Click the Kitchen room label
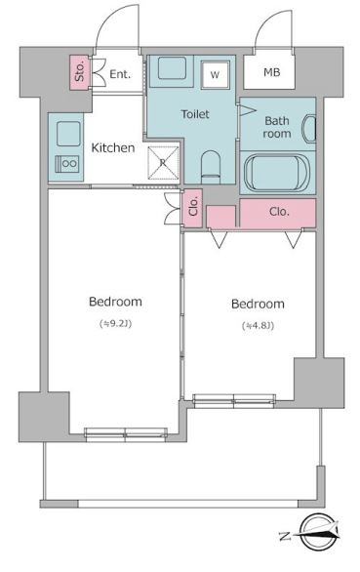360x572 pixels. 113,147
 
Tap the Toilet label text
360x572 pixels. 195,114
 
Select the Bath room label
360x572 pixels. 277,127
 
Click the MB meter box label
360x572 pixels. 272,72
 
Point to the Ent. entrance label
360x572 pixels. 120,74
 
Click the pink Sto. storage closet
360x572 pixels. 80,72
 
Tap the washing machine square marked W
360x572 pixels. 216,75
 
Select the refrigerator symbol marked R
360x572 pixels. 163,163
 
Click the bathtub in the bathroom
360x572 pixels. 277,172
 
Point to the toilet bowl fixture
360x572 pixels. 211,167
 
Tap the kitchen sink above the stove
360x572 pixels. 68,134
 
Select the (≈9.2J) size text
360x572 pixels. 116,323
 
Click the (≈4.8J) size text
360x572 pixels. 258,326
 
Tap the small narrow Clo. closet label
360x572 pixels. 193,207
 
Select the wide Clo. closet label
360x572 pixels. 279,212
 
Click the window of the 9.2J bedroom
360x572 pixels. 126,433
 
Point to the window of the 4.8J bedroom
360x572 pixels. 233,400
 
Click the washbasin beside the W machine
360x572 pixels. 172,68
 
